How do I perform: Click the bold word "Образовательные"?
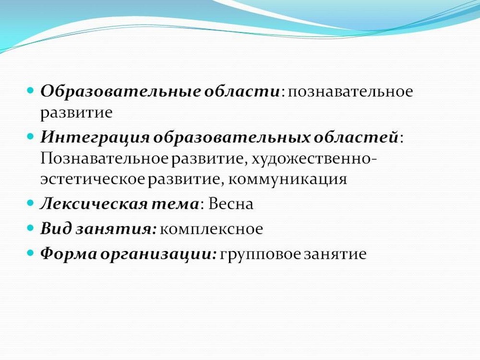[120, 91]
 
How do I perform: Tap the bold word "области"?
[241, 91]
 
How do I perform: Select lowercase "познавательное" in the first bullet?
[350, 92]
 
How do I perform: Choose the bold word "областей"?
[356, 137]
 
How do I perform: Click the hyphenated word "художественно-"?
[314, 159]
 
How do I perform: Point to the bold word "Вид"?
[56, 228]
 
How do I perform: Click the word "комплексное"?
[211, 229]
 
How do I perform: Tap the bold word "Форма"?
[69, 254]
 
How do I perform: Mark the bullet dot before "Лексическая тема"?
[30, 203]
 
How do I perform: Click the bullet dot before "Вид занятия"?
[30, 228]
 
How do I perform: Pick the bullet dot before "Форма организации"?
[30, 253]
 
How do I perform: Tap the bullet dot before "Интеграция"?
[30, 136]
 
